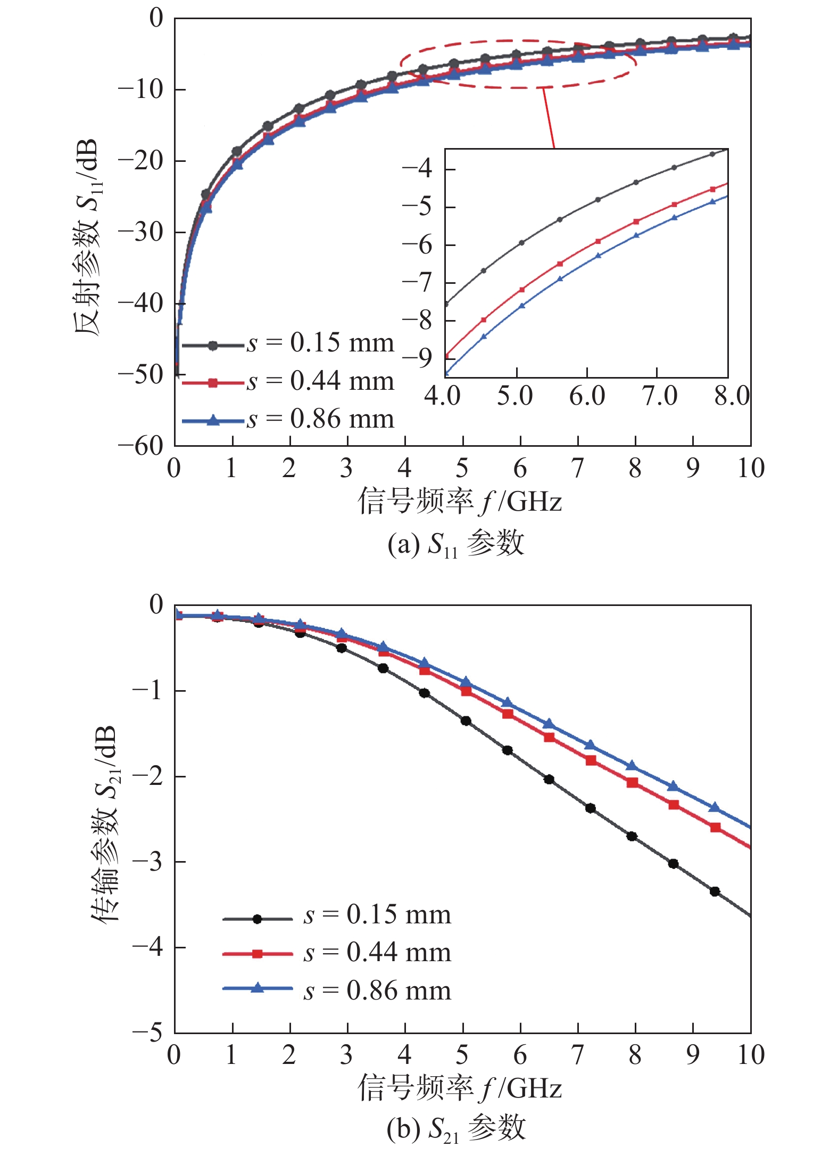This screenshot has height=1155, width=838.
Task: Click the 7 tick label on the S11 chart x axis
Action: (577, 469)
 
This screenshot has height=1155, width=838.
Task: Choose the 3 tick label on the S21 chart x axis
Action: (347, 1055)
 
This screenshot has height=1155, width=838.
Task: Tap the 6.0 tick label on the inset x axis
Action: (587, 396)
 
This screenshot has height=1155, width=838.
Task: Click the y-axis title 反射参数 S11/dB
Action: (87, 237)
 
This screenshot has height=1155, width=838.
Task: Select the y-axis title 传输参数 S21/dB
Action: (104, 823)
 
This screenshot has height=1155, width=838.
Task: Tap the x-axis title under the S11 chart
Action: (460, 502)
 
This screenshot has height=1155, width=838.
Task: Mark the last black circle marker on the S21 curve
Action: (715, 891)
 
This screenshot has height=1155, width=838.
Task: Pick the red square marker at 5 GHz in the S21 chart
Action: (466, 691)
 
